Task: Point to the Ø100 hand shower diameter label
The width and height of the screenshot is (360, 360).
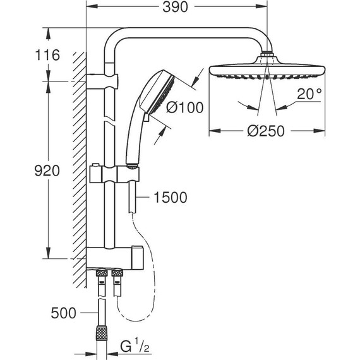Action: [184, 107]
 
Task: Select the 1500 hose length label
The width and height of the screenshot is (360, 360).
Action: [170, 198]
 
